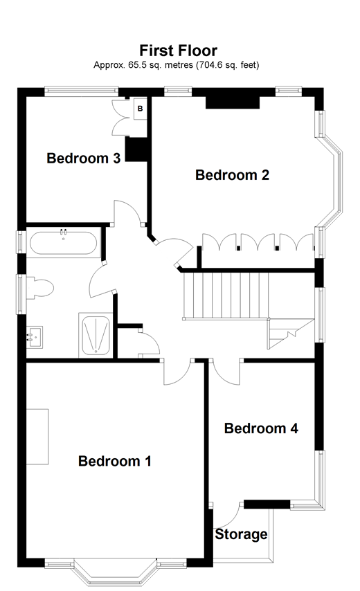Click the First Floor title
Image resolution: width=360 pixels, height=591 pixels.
point(179,51)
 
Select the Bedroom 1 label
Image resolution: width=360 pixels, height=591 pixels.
point(114,461)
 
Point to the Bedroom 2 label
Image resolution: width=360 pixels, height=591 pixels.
point(232,175)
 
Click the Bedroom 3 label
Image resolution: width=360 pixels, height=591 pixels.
point(83,158)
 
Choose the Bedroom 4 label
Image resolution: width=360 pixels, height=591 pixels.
point(261,428)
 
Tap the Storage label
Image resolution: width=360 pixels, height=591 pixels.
point(241,534)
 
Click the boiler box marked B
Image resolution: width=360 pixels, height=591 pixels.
point(139,109)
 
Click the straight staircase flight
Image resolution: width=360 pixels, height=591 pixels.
point(224,294)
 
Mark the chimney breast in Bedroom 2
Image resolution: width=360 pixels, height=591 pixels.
point(233,102)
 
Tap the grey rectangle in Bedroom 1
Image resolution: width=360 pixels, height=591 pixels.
point(38,436)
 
